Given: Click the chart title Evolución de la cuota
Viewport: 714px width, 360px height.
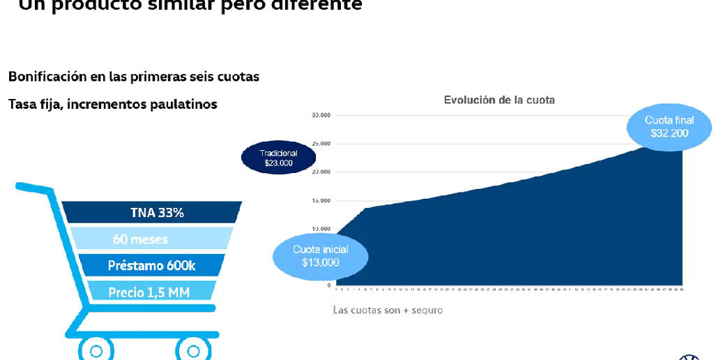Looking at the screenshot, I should coord(499,100).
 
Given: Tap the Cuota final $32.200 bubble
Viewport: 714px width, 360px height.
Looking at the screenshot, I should coord(669,126).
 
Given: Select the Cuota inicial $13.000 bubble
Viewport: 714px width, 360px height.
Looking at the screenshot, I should coord(321,256).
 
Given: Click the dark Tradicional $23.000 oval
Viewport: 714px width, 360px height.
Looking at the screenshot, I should coord(278,158).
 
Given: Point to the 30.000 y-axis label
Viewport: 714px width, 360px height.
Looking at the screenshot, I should coord(321,115).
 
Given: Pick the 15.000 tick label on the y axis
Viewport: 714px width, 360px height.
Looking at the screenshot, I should coord(321,201).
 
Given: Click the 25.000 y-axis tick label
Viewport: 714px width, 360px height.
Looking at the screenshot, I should coord(321,144).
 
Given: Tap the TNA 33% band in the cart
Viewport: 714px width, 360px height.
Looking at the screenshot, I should coord(157,213).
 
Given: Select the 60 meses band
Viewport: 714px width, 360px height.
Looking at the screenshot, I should coord(140,239).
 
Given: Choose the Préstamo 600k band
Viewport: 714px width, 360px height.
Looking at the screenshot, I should coord(151,265).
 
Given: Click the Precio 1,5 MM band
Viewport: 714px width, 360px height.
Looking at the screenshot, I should coord(149,292).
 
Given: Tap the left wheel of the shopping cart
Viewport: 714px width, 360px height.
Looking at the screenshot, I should coord(96,350).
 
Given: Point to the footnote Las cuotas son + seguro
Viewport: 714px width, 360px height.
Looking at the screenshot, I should coord(388,310).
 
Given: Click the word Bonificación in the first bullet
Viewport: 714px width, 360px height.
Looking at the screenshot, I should coord(47,77).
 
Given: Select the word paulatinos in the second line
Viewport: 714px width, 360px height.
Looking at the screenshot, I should coord(183,104).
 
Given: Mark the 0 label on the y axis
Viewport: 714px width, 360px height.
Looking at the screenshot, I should coord(328,285).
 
